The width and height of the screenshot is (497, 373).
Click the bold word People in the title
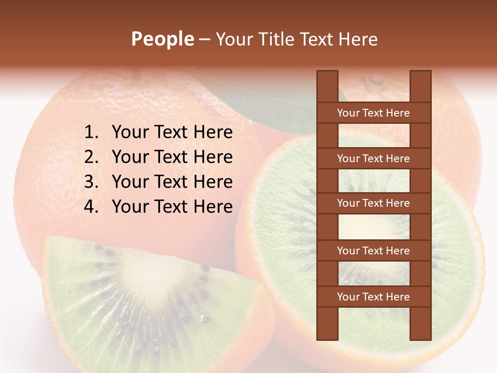coord(162,39)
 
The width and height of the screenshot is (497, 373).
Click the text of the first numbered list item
coord(172,133)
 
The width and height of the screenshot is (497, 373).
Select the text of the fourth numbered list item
coord(172,207)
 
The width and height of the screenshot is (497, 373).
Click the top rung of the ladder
coord(373,113)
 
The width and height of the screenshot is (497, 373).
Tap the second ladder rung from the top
coord(373,159)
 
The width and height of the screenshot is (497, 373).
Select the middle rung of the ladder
coord(373,203)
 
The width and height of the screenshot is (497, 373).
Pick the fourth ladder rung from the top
coord(373,251)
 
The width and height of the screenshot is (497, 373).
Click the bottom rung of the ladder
coord(373,297)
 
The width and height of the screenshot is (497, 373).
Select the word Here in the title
coord(358,39)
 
